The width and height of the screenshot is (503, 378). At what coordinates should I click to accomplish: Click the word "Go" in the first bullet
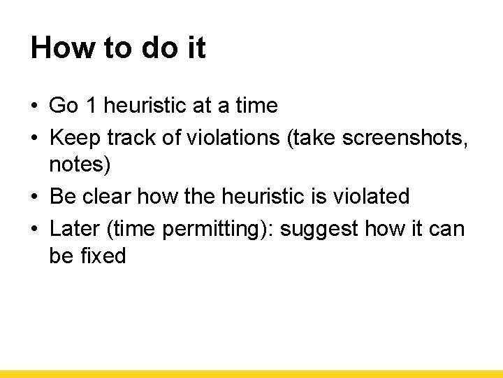click(64, 106)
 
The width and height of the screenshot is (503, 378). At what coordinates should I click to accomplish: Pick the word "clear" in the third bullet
click(107, 197)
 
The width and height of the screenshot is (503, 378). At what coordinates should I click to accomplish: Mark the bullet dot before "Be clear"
click(34, 197)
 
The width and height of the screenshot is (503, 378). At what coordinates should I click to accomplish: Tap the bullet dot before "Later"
click(34, 228)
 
